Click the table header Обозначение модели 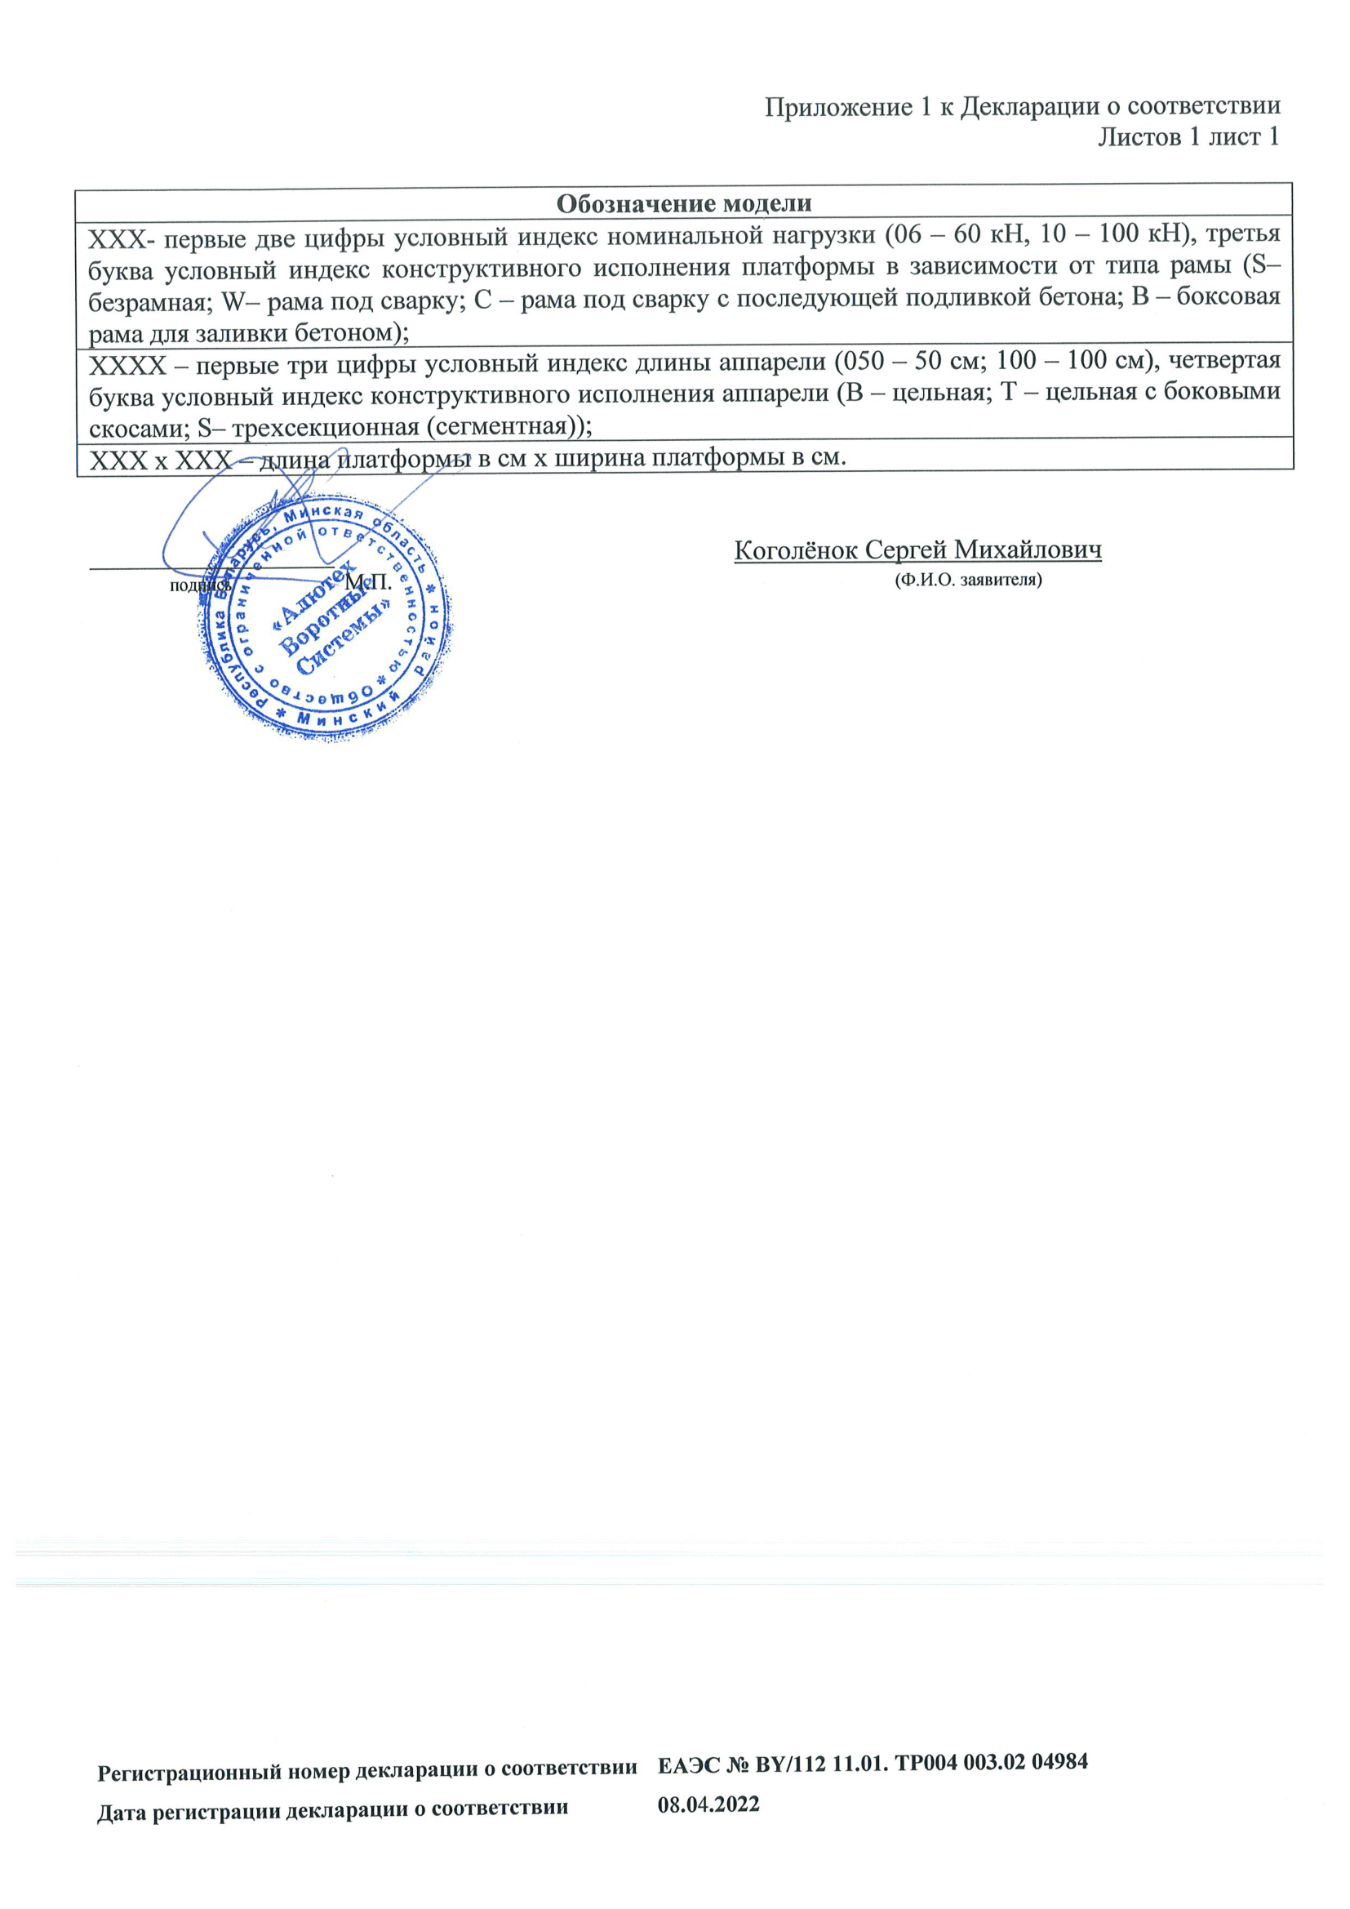tap(683, 203)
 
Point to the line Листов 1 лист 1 tap(1188, 137)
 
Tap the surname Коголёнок tap(797, 550)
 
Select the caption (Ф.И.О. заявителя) tap(968, 580)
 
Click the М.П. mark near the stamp tap(368, 582)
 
